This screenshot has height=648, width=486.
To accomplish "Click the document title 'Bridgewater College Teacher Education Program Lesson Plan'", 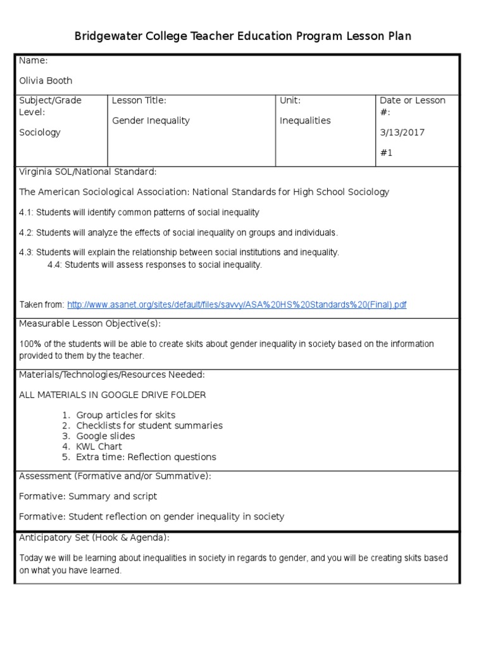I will point(243,36).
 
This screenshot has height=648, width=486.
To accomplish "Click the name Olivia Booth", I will point(46,80).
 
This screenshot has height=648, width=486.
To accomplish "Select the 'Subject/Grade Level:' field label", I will point(50,106).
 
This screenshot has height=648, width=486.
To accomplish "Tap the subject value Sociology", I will point(40,132).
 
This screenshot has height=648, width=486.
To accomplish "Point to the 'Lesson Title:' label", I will point(139,100).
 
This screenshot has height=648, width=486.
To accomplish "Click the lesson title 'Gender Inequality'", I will point(151,120).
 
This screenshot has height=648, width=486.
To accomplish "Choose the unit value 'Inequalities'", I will point(305,120).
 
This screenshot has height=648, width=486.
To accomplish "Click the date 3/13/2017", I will point(402,132).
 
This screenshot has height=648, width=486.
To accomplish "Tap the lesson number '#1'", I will point(386,153).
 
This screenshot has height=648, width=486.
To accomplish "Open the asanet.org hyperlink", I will point(237,304).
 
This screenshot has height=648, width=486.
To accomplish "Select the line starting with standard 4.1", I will point(139,212).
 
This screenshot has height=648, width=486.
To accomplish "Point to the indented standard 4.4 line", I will point(154,265).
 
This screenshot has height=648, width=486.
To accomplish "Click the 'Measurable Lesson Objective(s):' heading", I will point(90,323).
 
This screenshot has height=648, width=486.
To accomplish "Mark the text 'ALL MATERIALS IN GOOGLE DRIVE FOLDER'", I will point(112,395).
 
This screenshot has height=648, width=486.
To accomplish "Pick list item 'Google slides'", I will point(105,436).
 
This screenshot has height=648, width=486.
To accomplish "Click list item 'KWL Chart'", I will point(99,446).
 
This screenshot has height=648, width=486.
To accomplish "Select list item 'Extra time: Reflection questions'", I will point(146,456).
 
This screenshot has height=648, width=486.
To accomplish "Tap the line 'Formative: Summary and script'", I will point(88,496).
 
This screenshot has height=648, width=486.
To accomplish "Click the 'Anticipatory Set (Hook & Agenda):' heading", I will point(94,537).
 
